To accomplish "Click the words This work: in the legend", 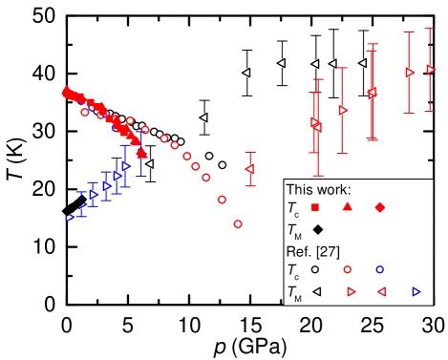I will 318,189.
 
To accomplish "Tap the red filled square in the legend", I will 315,207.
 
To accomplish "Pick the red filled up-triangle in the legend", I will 348,207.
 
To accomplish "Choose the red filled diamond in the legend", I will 380,207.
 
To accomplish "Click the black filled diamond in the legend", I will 317,229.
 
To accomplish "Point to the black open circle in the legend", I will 315,270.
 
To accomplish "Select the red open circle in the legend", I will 348,270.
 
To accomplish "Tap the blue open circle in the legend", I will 379,270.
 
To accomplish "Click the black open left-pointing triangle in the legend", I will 316,291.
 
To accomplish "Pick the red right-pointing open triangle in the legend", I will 351,291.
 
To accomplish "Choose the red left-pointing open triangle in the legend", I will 381,291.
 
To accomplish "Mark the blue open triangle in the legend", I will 416,291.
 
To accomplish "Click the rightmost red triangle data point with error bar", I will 431,69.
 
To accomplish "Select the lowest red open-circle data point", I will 238,223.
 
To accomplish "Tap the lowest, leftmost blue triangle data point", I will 70,218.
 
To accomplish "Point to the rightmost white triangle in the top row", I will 362,63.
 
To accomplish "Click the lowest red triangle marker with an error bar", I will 249,169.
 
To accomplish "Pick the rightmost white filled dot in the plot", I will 223,165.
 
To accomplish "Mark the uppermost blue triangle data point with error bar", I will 126,165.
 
